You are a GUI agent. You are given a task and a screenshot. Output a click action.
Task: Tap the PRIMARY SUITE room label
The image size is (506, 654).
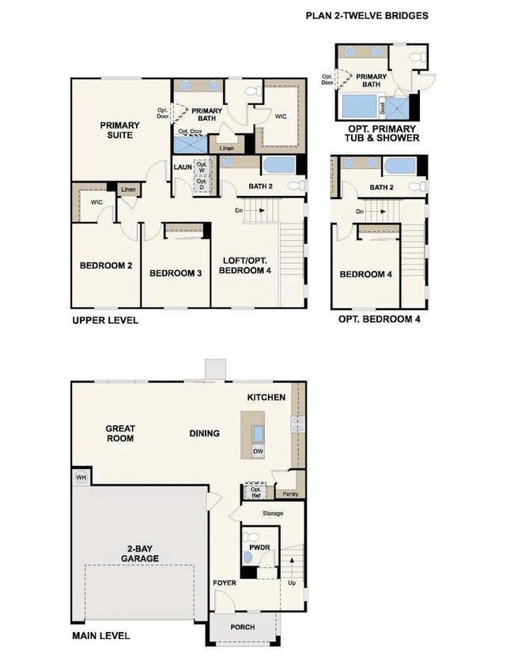[119, 130]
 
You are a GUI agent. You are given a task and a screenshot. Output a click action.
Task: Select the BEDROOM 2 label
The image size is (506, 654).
[106, 266]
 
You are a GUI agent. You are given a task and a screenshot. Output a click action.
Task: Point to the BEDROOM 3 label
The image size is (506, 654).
[176, 273]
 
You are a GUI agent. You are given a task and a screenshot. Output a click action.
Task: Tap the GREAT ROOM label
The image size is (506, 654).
[120, 433]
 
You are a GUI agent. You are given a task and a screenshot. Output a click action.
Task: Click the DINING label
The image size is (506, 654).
[205, 433]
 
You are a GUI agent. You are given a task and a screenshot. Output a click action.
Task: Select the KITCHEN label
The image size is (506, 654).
[266, 397]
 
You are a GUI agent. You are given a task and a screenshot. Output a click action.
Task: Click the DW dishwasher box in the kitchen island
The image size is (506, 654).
[259, 451]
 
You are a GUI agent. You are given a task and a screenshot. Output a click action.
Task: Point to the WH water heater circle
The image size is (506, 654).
[81, 477]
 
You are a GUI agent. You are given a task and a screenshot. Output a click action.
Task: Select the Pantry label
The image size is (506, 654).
[289, 494]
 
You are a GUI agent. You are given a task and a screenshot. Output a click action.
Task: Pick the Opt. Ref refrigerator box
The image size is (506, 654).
[255, 490]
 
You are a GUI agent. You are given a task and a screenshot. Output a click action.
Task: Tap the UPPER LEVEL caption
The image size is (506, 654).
[105, 320]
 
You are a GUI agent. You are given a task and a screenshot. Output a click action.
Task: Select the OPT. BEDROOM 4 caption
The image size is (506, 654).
[379, 320]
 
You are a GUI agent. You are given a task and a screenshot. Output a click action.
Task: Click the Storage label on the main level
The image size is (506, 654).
[270, 513]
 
